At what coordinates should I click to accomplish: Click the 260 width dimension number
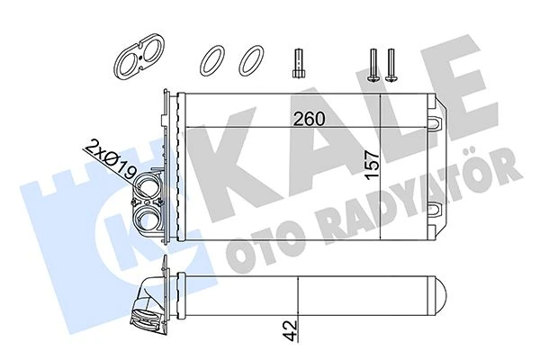[x=309, y=117]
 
